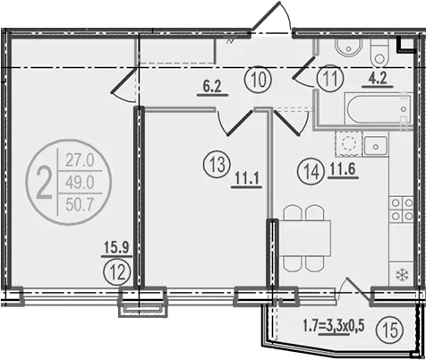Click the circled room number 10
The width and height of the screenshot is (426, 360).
coord(258,81)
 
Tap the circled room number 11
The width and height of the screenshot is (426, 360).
coord(330,80)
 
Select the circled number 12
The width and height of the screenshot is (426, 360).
coord(117,272)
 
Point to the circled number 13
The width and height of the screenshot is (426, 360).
coord(217,165)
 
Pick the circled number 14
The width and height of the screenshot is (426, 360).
coord(311,172)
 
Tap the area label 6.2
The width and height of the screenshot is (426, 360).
coord(212,87)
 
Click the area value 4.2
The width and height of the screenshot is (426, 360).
coord(378,79)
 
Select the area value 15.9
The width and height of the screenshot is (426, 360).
coord(116,247)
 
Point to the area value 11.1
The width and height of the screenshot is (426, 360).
coord(246,179)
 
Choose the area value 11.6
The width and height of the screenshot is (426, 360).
coord(343,170)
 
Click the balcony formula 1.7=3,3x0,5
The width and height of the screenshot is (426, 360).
coord(334,326)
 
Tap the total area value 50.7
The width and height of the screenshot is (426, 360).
coord(80,205)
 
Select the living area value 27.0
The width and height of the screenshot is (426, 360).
coord(80,160)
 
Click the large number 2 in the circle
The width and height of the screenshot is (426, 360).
coord(44,183)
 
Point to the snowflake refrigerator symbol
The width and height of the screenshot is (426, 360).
coord(402,275)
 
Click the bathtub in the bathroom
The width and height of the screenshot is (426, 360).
coord(379,108)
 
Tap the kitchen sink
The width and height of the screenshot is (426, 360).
coord(376,146)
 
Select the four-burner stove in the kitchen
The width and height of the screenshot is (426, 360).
coord(402,210)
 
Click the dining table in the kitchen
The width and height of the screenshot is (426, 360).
coord(304,238)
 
